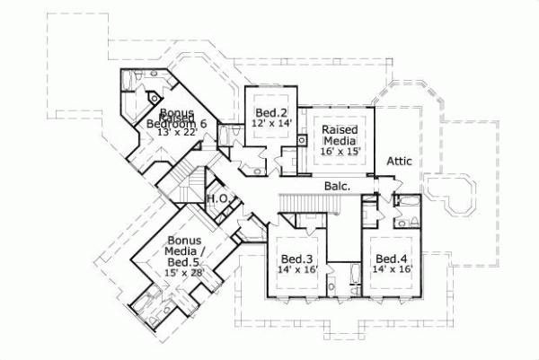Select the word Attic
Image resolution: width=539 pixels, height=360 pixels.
pyautogui.click(x=400, y=162)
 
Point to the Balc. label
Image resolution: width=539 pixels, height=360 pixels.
pyautogui.click(x=339, y=186)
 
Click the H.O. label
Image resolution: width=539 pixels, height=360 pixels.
pyautogui.click(x=216, y=198)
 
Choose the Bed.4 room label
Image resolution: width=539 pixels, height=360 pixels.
pyautogui.click(x=393, y=257)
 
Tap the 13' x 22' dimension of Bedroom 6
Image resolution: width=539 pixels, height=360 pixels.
pyautogui.click(x=176, y=132)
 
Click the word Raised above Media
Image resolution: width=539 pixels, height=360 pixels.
pyautogui.click(x=340, y=129)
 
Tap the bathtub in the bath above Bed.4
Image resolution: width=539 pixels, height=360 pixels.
pyautogui.click(x=407, y=201)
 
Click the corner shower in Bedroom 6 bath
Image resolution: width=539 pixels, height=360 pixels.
pyautogui.click(x=154, y=96)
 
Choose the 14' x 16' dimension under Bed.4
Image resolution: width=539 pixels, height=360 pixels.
pyautogui.click(x=393, y=268)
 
